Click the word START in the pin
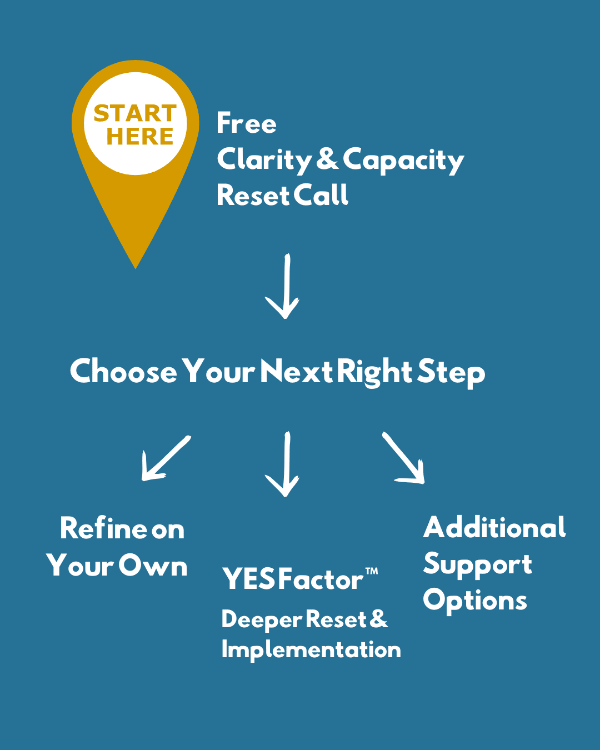(135, 113)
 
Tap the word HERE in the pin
(140, 137)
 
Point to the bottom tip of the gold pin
(136, 267)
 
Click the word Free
(246, 123)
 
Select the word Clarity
(265, 160)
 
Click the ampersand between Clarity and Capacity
(327, 159)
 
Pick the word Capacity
(403, 160)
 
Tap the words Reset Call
(282, 196)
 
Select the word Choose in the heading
(123, 371)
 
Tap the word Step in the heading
(451, 372)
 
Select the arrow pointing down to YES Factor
(284, 464)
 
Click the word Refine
(103, 528)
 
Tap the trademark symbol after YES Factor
(372, 572)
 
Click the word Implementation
(311, 649)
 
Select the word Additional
(494, 528)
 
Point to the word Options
(475, 601)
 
